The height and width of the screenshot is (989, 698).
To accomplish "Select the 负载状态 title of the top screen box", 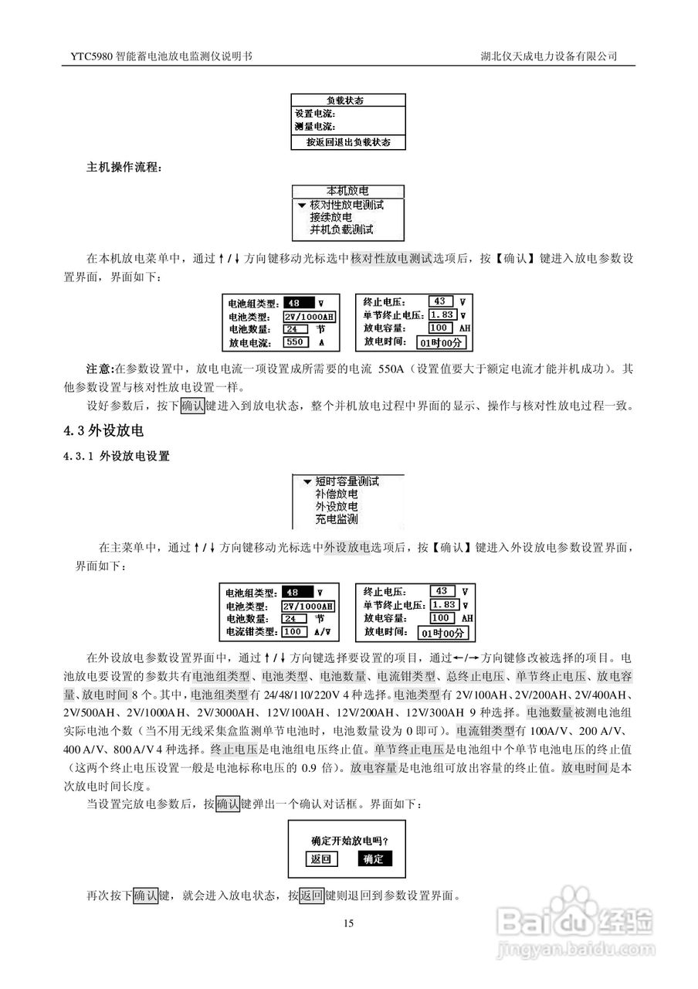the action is tap(347, 100).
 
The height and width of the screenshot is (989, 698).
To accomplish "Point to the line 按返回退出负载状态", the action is tap(347, 142).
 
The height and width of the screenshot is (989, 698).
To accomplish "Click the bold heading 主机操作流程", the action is tap(124, 166).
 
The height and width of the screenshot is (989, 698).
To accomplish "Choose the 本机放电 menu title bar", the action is tap(347, 191).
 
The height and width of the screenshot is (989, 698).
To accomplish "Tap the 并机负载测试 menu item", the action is tap(341, 230).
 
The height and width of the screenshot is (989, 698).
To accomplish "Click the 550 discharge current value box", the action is tap(296, 341).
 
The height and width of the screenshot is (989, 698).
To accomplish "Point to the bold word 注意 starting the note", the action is tap(98, 369).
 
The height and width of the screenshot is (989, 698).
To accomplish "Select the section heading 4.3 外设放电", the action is tap(104, 430).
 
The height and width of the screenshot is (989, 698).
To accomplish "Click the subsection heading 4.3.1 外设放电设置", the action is tap(117, 457).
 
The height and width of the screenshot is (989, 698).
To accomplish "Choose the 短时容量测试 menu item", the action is tap(347, 481).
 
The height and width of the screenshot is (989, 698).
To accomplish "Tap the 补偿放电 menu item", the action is tap(336, 494).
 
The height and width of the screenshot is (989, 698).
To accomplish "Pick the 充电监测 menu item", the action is tap(336, 519).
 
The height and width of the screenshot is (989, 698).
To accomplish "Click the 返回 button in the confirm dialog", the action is tap(320, 858).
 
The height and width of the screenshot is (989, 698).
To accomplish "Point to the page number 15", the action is tap(349, 923).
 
